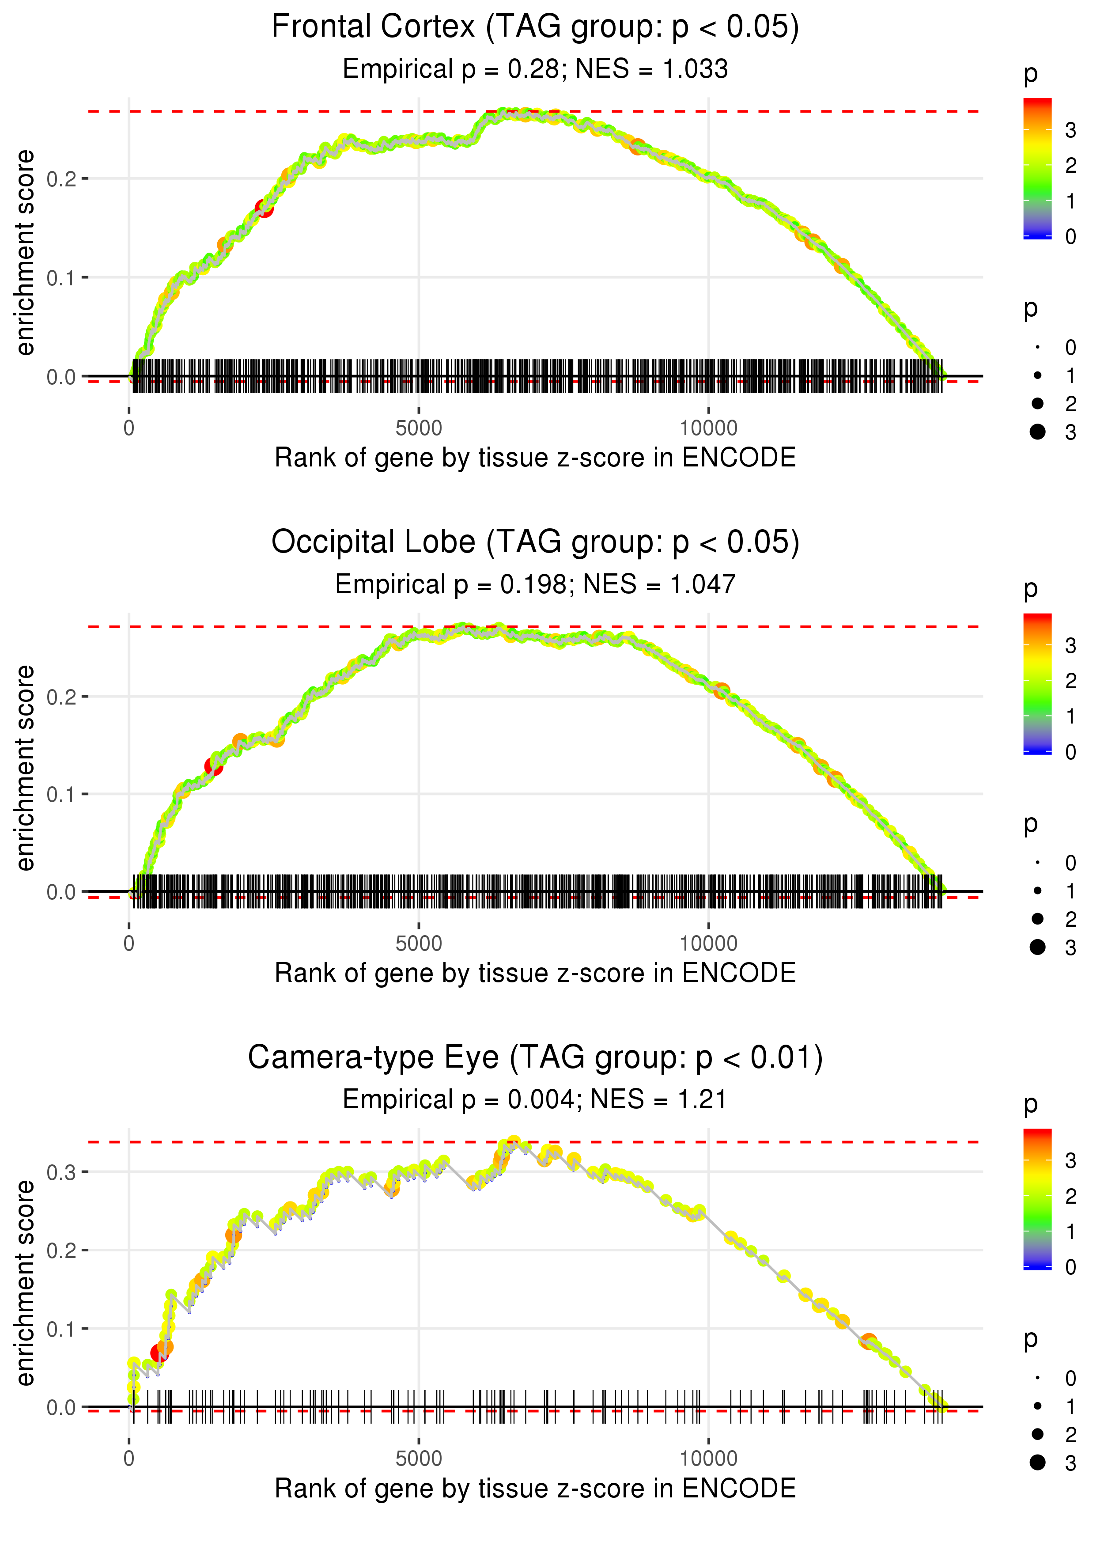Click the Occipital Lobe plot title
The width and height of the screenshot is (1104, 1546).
535,542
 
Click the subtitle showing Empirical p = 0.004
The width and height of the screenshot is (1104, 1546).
535,1100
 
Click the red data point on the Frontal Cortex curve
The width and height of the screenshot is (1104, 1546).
265,208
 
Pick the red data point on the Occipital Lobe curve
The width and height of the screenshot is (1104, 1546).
213,767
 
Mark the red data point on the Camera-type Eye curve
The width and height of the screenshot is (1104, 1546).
159,1353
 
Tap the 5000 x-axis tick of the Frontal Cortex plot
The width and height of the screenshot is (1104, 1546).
419,428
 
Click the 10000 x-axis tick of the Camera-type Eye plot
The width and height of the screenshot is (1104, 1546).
708,1459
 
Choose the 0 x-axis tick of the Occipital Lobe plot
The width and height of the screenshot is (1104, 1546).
129,944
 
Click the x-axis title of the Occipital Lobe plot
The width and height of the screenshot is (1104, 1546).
535,973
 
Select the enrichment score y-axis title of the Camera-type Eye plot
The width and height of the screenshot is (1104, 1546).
25,1282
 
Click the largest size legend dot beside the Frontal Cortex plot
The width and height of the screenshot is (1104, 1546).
1037,432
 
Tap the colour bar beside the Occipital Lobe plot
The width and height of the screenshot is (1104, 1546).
1037,683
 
